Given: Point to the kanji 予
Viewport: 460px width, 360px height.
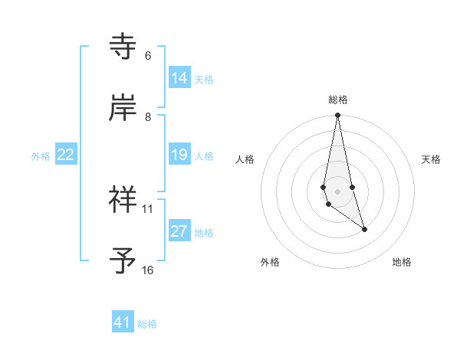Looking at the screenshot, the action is click(x=123, y=261).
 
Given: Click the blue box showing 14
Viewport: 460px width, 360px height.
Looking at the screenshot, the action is click(x=179, y=78).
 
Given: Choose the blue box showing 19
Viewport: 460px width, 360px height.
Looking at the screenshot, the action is click(x=179, y=155).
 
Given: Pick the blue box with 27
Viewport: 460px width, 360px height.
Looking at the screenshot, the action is click(x=179, y=231).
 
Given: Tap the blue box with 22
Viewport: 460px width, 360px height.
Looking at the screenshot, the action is click(x=66, y=155).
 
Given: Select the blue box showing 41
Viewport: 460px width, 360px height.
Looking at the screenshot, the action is click(x=123, y=322).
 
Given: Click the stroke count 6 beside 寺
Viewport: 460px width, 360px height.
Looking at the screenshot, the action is click(x=148, y=56).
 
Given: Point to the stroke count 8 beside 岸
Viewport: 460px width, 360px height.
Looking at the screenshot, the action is click(x=148, y=116).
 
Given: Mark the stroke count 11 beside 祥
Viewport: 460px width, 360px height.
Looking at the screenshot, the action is click(x=148, y=208).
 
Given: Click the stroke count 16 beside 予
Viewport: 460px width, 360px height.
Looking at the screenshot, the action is click(x=148, y=270).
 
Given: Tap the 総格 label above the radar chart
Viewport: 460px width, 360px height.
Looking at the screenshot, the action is click(x=338, y=100).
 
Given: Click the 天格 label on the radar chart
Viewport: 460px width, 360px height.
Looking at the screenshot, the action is click(x=432, y=159).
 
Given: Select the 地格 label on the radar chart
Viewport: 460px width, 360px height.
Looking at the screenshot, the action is click(x=402, y=262).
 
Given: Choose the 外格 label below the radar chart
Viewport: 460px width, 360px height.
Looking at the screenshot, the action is click(x=270, y=262).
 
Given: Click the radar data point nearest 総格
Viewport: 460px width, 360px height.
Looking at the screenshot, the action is click(x=337, y=116).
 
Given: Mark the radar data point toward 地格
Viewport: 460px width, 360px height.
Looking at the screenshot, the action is click(x=364, y=229).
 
